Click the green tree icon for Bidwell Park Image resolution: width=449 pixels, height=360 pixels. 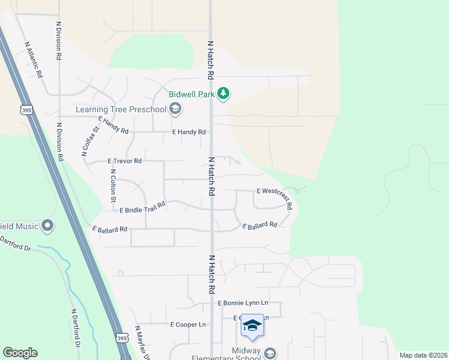coord(223,93)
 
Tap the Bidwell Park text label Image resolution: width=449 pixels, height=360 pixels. coord(192,94)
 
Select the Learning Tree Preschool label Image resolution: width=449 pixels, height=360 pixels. coord(121,109)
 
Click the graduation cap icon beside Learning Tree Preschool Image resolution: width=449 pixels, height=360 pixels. coord(175,109)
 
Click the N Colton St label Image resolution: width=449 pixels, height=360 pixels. coord(112,185)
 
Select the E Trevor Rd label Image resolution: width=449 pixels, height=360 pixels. coord(124,161)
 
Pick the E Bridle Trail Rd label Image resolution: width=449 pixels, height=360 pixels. coord(142,208)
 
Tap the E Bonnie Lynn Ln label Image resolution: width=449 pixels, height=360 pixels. coord(243,304)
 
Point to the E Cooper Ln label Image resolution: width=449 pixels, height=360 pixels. coord(188,325)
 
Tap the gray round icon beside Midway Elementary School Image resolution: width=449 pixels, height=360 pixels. coord(270,352)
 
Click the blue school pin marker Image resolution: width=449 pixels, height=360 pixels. coord(252,326)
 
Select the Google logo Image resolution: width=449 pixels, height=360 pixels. coord(20,353)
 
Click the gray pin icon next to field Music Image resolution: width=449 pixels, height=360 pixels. coord(47,226)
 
